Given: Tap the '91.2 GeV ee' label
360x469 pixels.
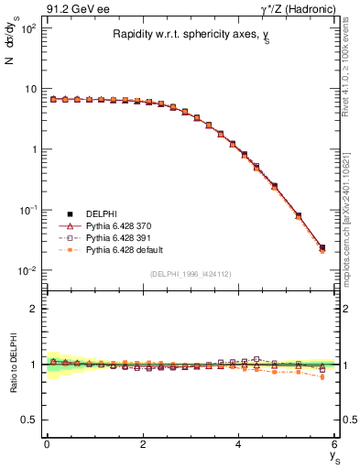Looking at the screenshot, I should (75, 8).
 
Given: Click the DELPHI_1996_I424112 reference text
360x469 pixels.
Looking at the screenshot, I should (191, 273).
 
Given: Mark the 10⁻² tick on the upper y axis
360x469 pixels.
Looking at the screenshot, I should (27, 270).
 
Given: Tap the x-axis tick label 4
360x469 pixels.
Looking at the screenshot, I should (239, 444).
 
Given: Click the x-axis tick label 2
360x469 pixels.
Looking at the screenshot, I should (143, 444).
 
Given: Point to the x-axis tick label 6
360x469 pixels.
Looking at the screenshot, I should (335, 444).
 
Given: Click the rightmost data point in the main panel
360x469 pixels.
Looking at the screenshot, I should (322, 248).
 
